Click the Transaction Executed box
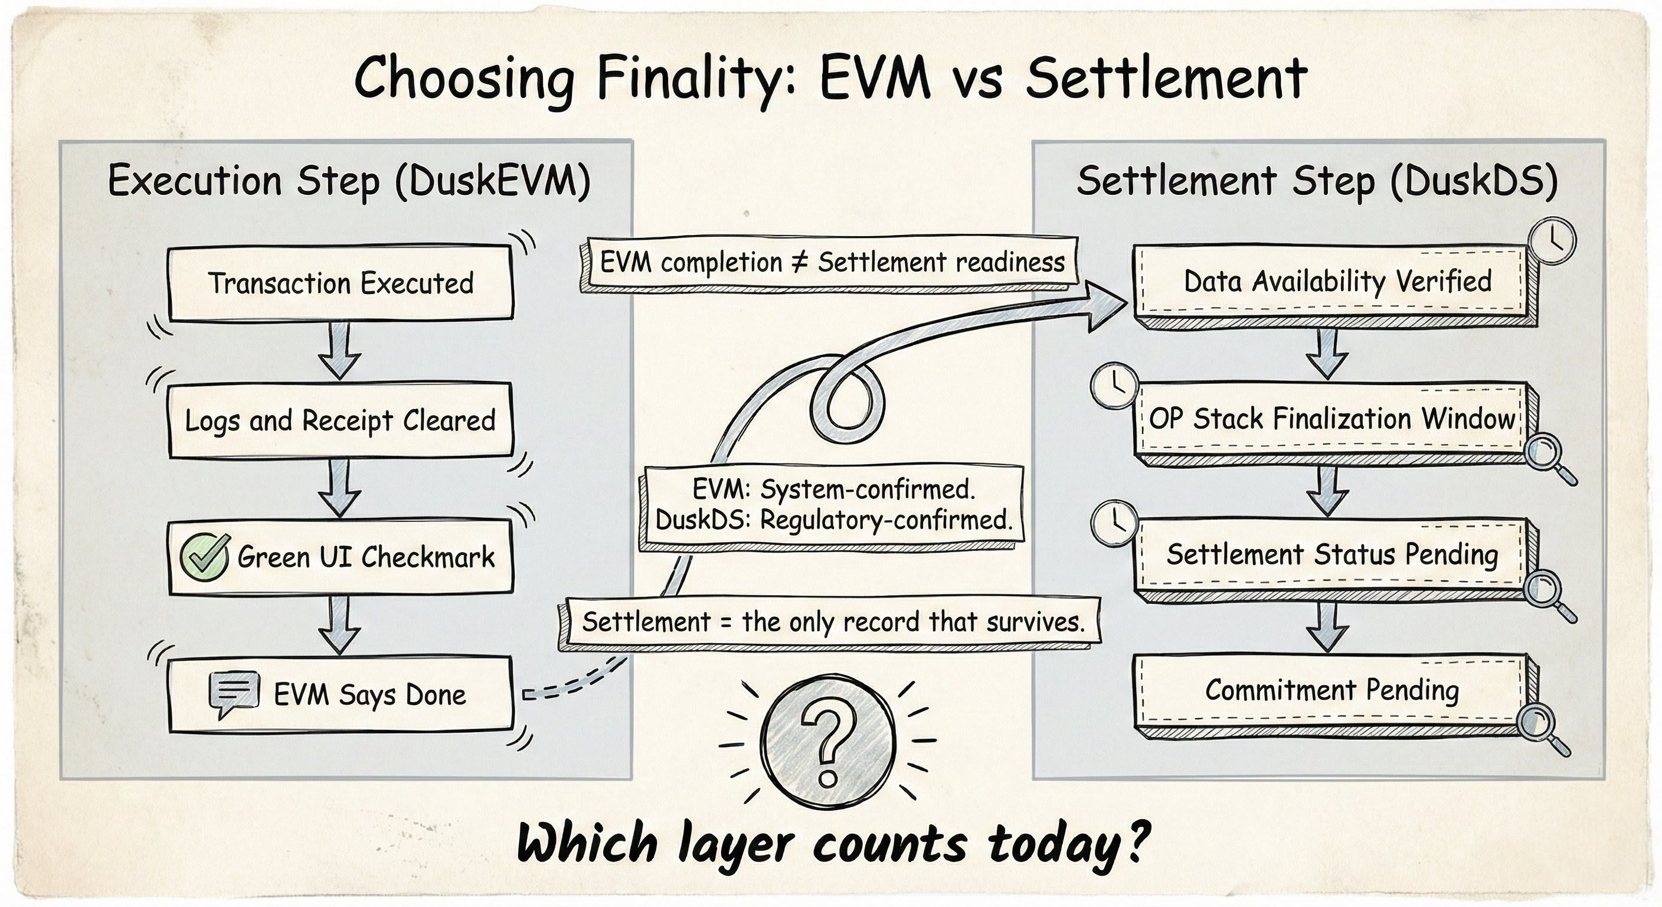coord(341,283)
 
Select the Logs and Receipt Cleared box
coord(341,421)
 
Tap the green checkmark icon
coord(204,556)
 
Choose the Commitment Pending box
coord(1331,690)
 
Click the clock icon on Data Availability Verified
coord(1553,240)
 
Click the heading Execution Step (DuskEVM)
coord(349,181)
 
